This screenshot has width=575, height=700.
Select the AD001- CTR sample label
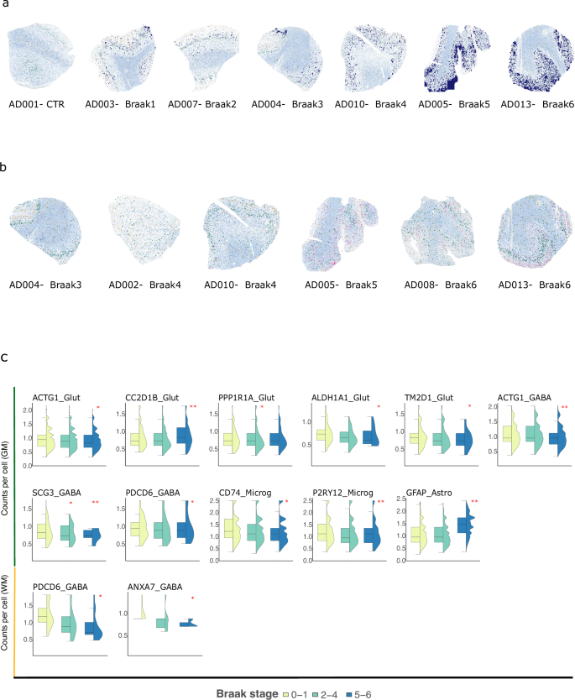37,104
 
